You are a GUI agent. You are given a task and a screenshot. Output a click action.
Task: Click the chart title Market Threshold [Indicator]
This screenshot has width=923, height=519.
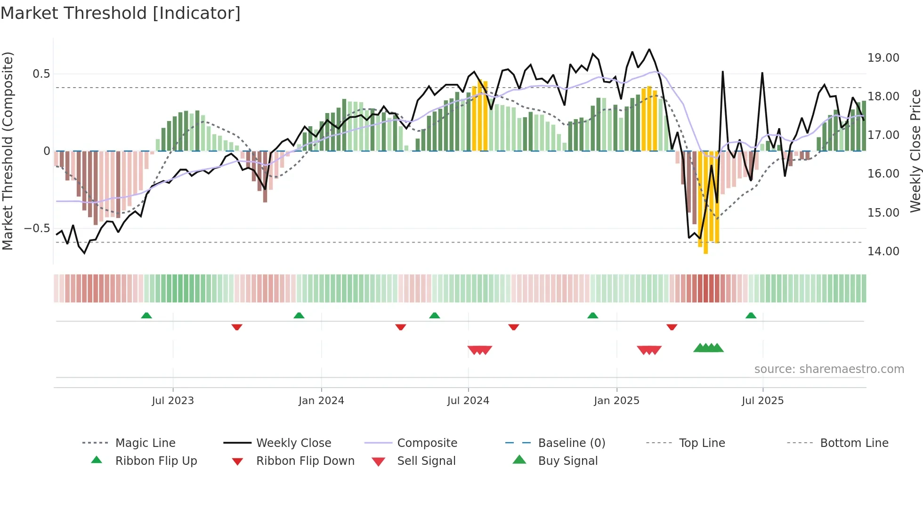(121, 13)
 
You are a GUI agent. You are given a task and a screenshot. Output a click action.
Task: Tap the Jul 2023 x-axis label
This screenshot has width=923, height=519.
(172, 401)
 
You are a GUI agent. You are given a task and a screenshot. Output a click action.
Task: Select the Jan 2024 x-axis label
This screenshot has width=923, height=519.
(321, 401)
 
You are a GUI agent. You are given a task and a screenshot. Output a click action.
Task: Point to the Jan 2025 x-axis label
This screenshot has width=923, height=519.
(616, 401)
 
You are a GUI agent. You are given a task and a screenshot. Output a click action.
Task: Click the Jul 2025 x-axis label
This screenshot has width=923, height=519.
(762, 401)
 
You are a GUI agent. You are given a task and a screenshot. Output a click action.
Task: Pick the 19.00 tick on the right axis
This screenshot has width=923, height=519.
(883, 58)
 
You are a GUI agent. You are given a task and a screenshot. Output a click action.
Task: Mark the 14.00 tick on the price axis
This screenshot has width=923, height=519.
(883, 251)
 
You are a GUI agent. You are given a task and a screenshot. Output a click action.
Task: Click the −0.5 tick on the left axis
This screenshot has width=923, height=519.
(37, 228)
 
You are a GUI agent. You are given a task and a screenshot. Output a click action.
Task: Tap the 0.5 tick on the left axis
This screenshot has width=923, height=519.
(41, 74)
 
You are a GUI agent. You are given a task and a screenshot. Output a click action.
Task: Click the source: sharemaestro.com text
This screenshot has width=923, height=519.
(829, 369)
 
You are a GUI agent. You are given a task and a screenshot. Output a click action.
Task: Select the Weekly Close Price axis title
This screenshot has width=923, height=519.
(915, 151)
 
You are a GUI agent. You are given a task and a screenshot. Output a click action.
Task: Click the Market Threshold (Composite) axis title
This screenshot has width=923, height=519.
(8, 151)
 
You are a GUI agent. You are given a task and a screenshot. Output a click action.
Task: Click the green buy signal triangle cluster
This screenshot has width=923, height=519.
(708, 348)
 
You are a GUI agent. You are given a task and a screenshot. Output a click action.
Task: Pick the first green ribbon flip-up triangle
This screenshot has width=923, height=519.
(146, 316)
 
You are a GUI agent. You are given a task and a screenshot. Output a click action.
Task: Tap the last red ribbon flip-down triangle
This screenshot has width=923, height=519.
(672, 327)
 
